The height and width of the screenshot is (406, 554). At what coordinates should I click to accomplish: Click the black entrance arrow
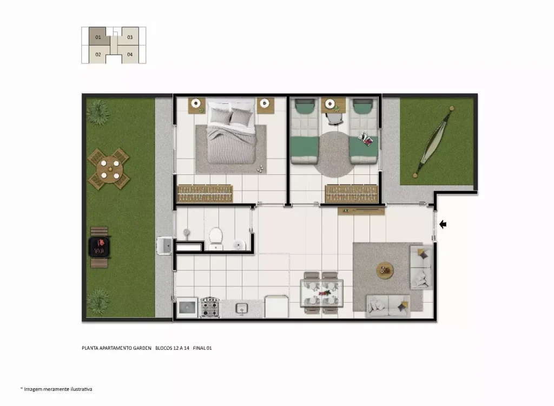[443, 224]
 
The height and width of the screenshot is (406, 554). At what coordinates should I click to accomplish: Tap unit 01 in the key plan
[98, 36]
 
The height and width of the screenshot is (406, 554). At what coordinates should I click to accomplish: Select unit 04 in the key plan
[130, 55]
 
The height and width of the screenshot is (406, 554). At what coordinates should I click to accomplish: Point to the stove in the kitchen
[210, 307]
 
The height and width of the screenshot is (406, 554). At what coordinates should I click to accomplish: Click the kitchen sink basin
[242, 308]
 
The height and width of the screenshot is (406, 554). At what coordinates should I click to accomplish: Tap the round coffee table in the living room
[385, 271]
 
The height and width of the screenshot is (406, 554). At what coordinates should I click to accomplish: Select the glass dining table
[321, 293]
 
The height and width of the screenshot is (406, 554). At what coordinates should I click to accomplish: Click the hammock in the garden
[433, 141]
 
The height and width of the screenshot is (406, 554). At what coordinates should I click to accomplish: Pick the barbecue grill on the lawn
[100, 247]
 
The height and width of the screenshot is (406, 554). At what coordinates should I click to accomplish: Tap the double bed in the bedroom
[231, 133]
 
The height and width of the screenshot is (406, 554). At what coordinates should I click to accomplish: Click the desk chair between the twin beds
[334, 119]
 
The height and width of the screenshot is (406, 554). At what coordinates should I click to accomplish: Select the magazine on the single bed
[365, 139]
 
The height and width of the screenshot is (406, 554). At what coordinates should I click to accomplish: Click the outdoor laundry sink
[164, 245]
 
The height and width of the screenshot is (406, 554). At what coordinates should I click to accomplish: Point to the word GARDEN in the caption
[142, 348]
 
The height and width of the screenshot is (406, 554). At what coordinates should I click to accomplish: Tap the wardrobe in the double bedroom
[205, 193]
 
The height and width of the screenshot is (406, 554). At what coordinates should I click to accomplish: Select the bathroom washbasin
[239, 244]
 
